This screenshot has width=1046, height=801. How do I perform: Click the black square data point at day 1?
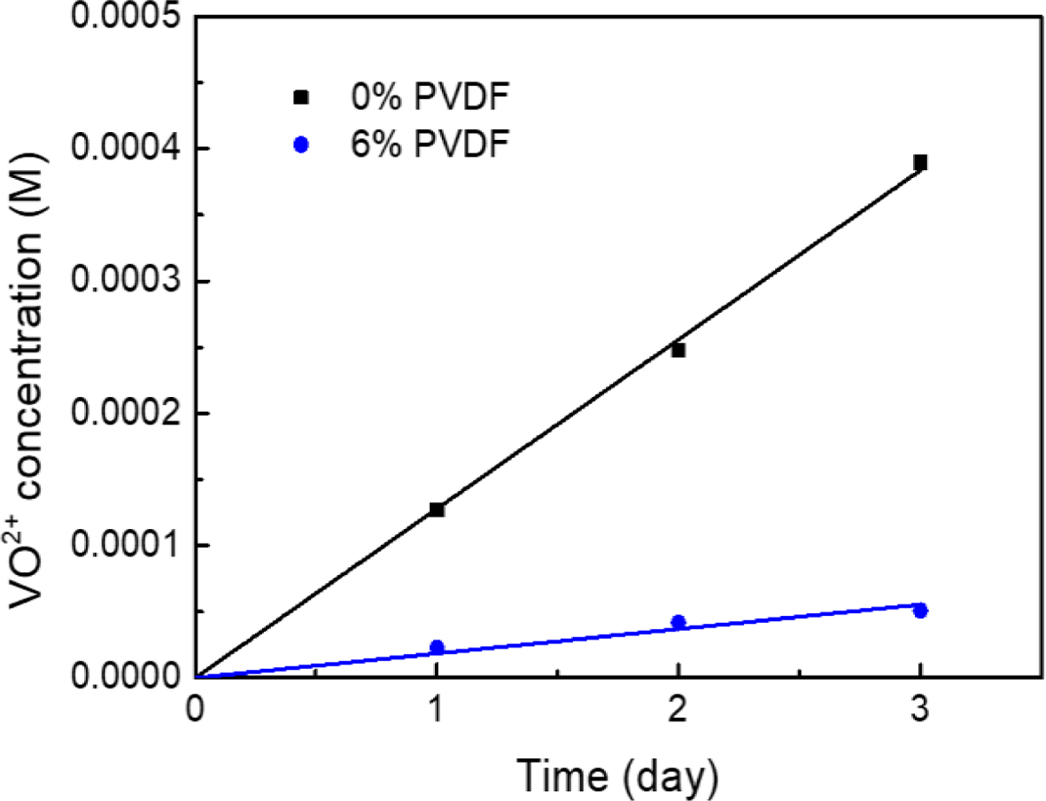(x=437, y=509)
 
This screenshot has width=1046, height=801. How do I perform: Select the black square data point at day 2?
(x=678, y=350)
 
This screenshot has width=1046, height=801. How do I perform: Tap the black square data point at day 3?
(x=920, y=162)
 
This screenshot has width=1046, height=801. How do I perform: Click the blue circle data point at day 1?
(x=437, y=648)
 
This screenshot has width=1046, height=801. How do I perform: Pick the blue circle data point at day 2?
(x=678, y=623)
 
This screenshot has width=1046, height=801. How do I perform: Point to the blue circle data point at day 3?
(x=920, y=610)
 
